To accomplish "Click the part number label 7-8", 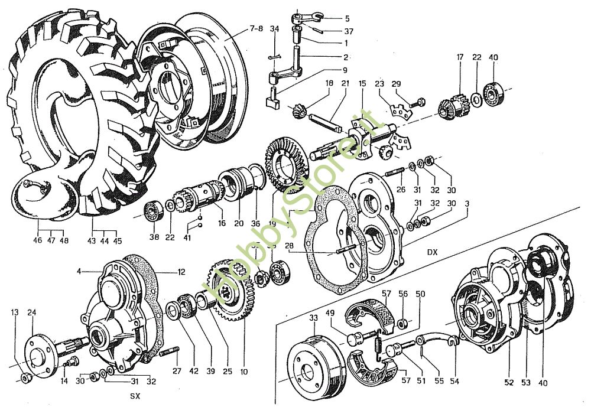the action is (x=256, y=28).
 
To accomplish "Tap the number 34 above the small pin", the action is (x=275, y=29).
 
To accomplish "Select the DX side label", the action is (x=433, y=252).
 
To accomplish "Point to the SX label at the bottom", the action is (x=135, y=396).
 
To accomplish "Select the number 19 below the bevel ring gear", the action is (x=272, y=223).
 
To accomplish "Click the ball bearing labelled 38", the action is (x=154, y=211).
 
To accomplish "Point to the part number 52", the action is (x=509, y=382).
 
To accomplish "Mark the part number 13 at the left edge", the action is (x=15, y=312).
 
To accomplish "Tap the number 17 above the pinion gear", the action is (x=460, y=57).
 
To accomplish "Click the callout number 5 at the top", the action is (x=347, y=18).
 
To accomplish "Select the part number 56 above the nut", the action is (x=403, y=294).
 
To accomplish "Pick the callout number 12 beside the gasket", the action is (x=181, y=272).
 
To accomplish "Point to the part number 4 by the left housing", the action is (x=79, y=271).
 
